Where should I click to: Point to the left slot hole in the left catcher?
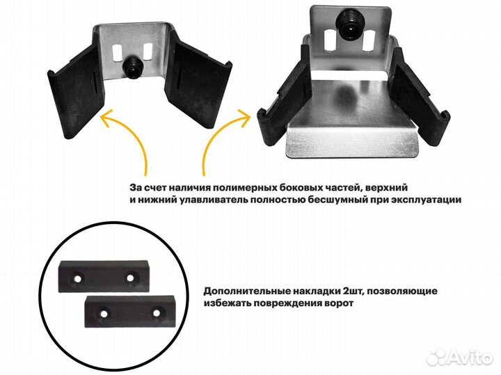(118, 54)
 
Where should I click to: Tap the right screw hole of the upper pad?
(129, 278)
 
